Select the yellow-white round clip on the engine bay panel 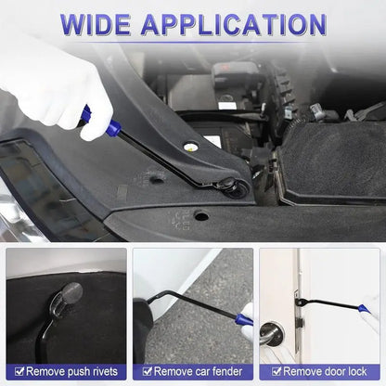[190, 147]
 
